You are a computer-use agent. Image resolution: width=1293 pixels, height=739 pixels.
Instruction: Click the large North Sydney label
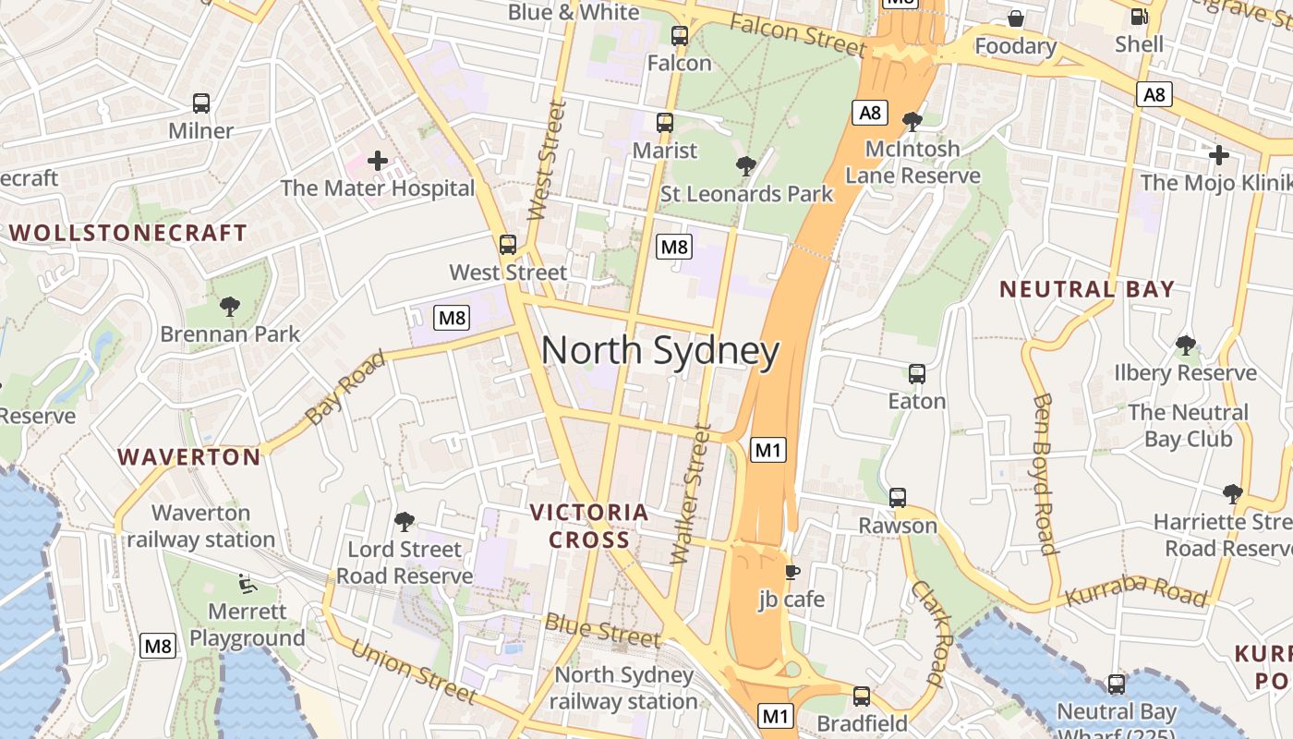(659, 352)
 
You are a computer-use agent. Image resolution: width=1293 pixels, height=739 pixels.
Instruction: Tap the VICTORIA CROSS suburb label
(589, 526)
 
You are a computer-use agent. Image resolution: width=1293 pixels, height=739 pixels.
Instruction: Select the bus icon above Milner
(201, 103)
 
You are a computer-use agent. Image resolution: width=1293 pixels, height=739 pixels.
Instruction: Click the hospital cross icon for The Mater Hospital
(377, 161)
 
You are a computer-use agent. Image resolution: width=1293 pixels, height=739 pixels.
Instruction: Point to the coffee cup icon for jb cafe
(792, 572)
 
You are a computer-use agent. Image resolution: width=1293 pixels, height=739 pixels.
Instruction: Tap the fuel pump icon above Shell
(1140, 16)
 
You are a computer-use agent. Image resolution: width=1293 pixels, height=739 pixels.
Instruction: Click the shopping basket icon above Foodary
(1015, 18)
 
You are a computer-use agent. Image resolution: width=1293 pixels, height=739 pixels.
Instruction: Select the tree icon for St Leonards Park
(745, 166)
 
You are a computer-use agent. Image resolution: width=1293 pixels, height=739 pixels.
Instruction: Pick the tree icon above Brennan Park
(230, 306)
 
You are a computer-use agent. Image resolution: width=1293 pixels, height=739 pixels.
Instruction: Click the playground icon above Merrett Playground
(247, 583)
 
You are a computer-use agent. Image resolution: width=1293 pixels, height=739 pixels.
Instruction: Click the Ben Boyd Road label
(1045, 474)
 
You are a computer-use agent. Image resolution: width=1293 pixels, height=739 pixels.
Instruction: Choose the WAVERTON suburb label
(189, 456)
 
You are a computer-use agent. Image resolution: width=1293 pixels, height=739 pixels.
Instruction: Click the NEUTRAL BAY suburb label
(1086, 289)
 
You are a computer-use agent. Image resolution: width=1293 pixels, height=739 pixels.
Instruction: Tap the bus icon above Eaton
(916, 374)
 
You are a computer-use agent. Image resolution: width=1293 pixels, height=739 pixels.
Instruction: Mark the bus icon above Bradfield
(862, 697)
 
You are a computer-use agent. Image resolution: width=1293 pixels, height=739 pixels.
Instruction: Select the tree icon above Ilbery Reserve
(1185, 345)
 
